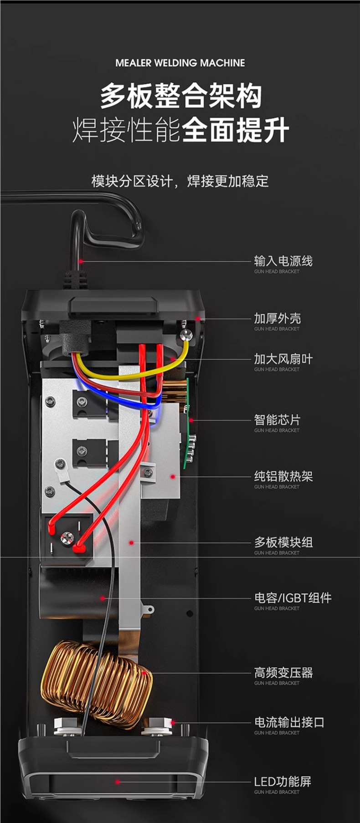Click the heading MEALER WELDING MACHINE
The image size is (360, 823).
point(180,63)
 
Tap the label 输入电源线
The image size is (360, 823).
point(283,261)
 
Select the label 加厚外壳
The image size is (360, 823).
point(277,318)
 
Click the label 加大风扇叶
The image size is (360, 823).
point(283,359)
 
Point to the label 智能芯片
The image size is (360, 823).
point(277,420)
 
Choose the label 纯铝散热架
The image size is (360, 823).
point(283,476)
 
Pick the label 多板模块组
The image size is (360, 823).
point(283,542)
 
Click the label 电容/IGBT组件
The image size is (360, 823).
point(293,598)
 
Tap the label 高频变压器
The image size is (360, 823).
point(283,673)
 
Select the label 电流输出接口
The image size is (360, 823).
point(289,722)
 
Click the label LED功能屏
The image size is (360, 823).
point(283,782)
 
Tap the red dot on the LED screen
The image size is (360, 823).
point(118,782)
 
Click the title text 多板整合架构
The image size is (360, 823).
point(180,96)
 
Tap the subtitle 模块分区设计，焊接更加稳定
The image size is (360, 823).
point(180,181)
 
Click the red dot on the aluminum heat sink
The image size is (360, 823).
point(173,476)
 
